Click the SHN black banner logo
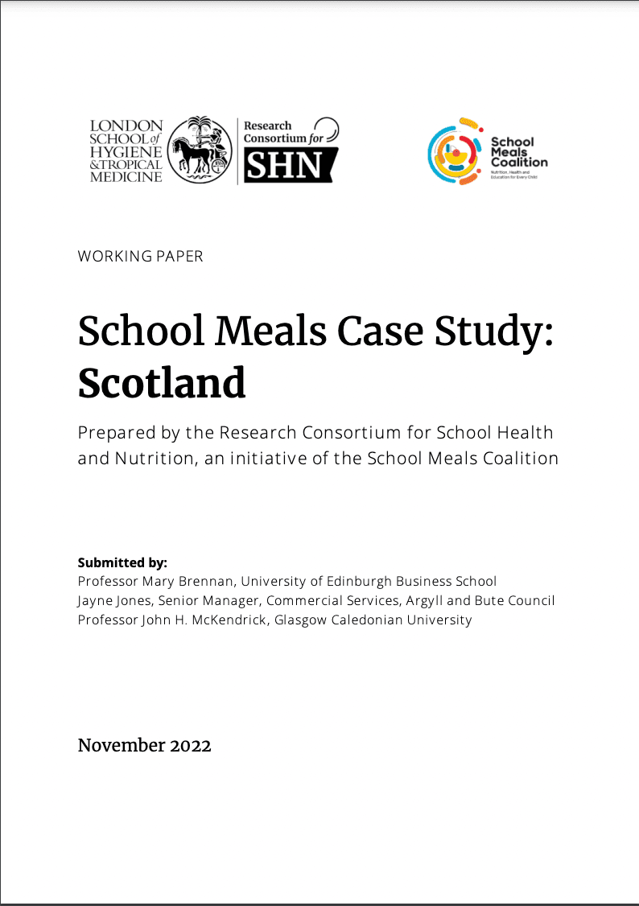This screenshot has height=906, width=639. pyautogui.click(x=290, y=167)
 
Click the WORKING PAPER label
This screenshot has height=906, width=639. pyautogui.click(x=141, y=257)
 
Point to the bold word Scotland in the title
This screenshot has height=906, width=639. pyautogui.click(x=162, y=384)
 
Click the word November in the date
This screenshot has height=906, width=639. pyautogui.click(x=121, y=746)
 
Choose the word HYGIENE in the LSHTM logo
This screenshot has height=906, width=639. pyautogui.click(x=127, y=151)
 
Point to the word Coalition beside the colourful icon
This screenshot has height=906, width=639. pyautogui.click(x=519, y=162)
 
